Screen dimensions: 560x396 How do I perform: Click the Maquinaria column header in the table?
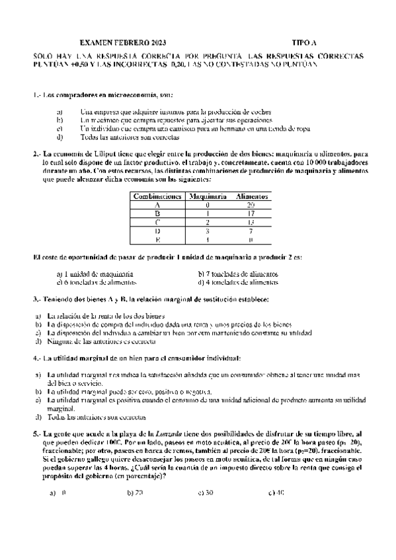(208, 197)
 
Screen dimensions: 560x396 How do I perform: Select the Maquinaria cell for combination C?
(208, 223)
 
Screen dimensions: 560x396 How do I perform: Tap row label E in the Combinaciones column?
(157, 240)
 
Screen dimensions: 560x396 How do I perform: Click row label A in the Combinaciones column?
(157, 205)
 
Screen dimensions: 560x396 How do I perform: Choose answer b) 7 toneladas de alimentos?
(237, 273)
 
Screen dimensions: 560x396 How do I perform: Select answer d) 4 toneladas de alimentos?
(237, 282)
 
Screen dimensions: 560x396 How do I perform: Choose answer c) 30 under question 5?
(205, 492)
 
